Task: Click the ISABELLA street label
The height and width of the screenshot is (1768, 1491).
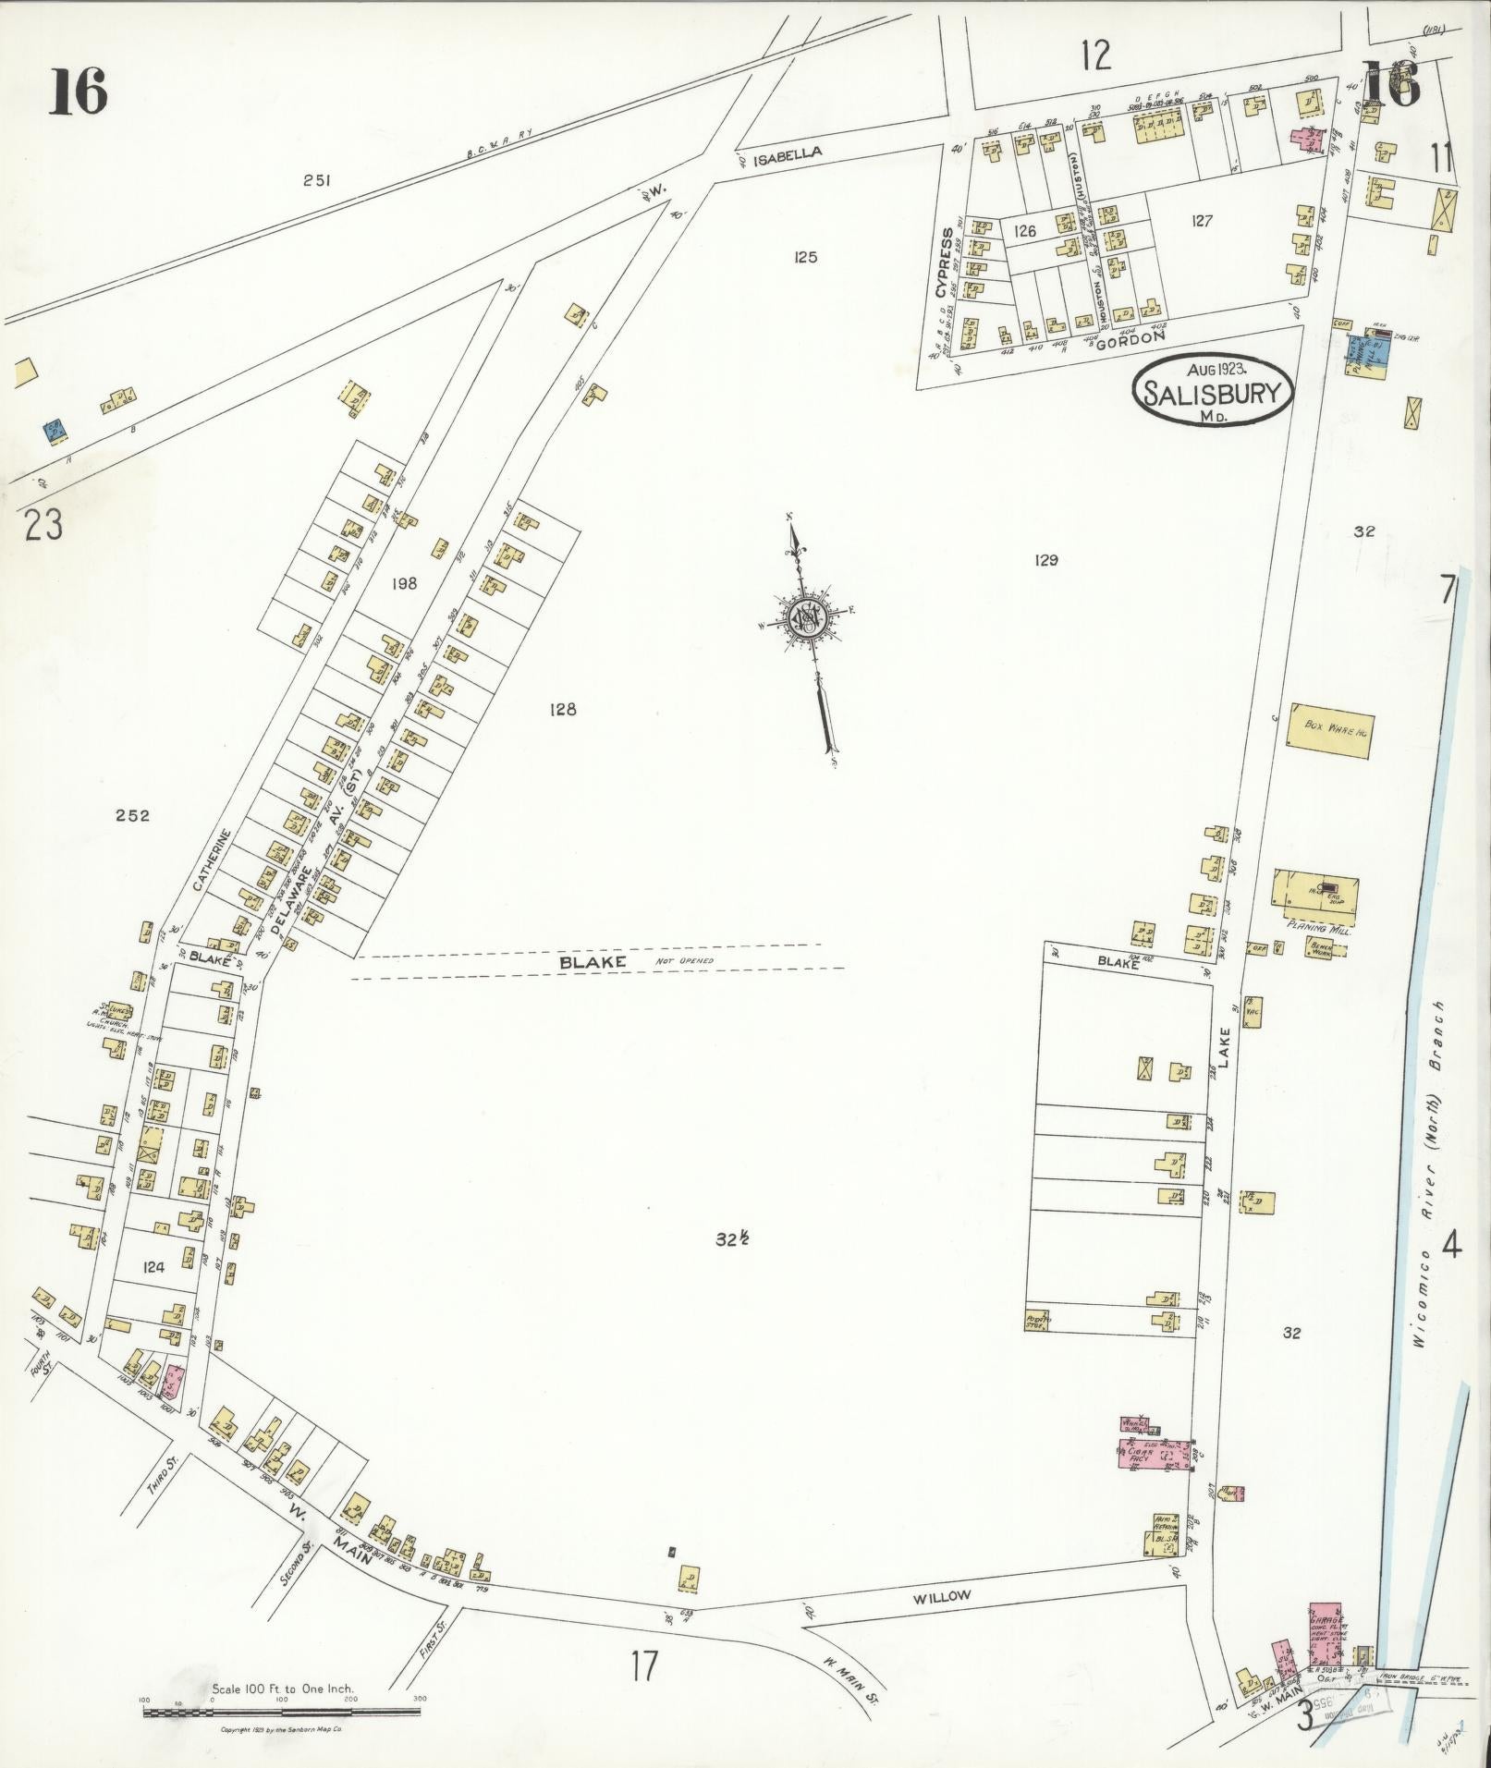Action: (x=787, y=155)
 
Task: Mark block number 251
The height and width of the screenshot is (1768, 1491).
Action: (x=317, y=181)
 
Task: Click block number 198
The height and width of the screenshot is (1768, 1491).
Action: (x=404, y=583)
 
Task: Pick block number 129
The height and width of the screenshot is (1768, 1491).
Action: (x=1046, y=560)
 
